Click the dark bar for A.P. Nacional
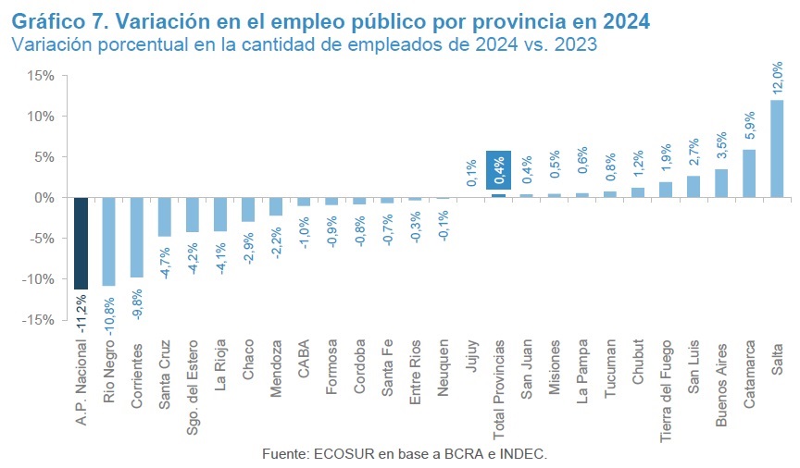[81, 242]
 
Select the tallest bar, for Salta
[777, 148]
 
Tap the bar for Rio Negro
[108, 241]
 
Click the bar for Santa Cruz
[164, 216]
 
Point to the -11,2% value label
[81, 313]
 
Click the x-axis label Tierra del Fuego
[665, 384]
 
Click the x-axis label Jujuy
[470, 354]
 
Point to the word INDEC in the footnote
[524, 453]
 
